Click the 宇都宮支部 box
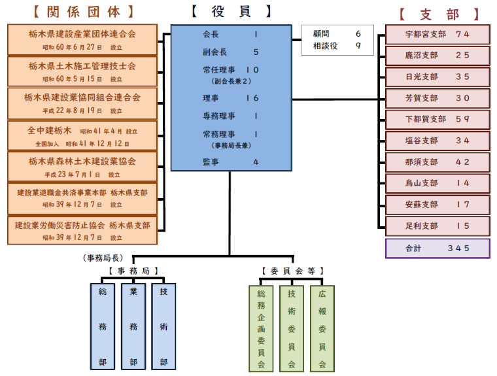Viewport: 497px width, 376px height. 437,35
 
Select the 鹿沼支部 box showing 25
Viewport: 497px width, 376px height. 437,56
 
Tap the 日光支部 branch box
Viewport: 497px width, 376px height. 437,77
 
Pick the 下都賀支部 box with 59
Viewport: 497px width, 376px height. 437,120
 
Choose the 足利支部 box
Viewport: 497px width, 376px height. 437,226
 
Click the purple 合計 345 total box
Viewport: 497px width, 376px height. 437,248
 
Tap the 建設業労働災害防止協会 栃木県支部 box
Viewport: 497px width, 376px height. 82,231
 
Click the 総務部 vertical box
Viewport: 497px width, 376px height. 103,326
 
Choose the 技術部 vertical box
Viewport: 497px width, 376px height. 163,326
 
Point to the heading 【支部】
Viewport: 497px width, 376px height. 439,14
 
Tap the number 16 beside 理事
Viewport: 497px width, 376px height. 252,98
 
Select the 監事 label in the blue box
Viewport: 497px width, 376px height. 211,162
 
